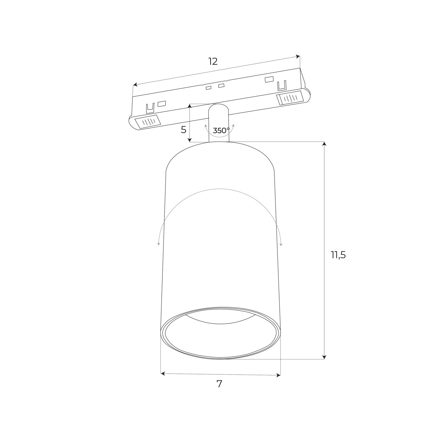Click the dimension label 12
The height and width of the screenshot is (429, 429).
click(213, 61)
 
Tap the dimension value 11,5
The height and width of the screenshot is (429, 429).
click(338, 255)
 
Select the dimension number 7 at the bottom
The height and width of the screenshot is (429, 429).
click(219, 384)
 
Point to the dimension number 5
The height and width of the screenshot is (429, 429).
click(184, 130)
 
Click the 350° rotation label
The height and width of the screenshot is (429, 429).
click(221, 131)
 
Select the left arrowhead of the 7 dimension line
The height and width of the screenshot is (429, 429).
click(163, 374)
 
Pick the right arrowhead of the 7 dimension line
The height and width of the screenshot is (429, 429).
click(279, 375)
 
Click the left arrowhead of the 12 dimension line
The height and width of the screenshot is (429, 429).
click(135, 85)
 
